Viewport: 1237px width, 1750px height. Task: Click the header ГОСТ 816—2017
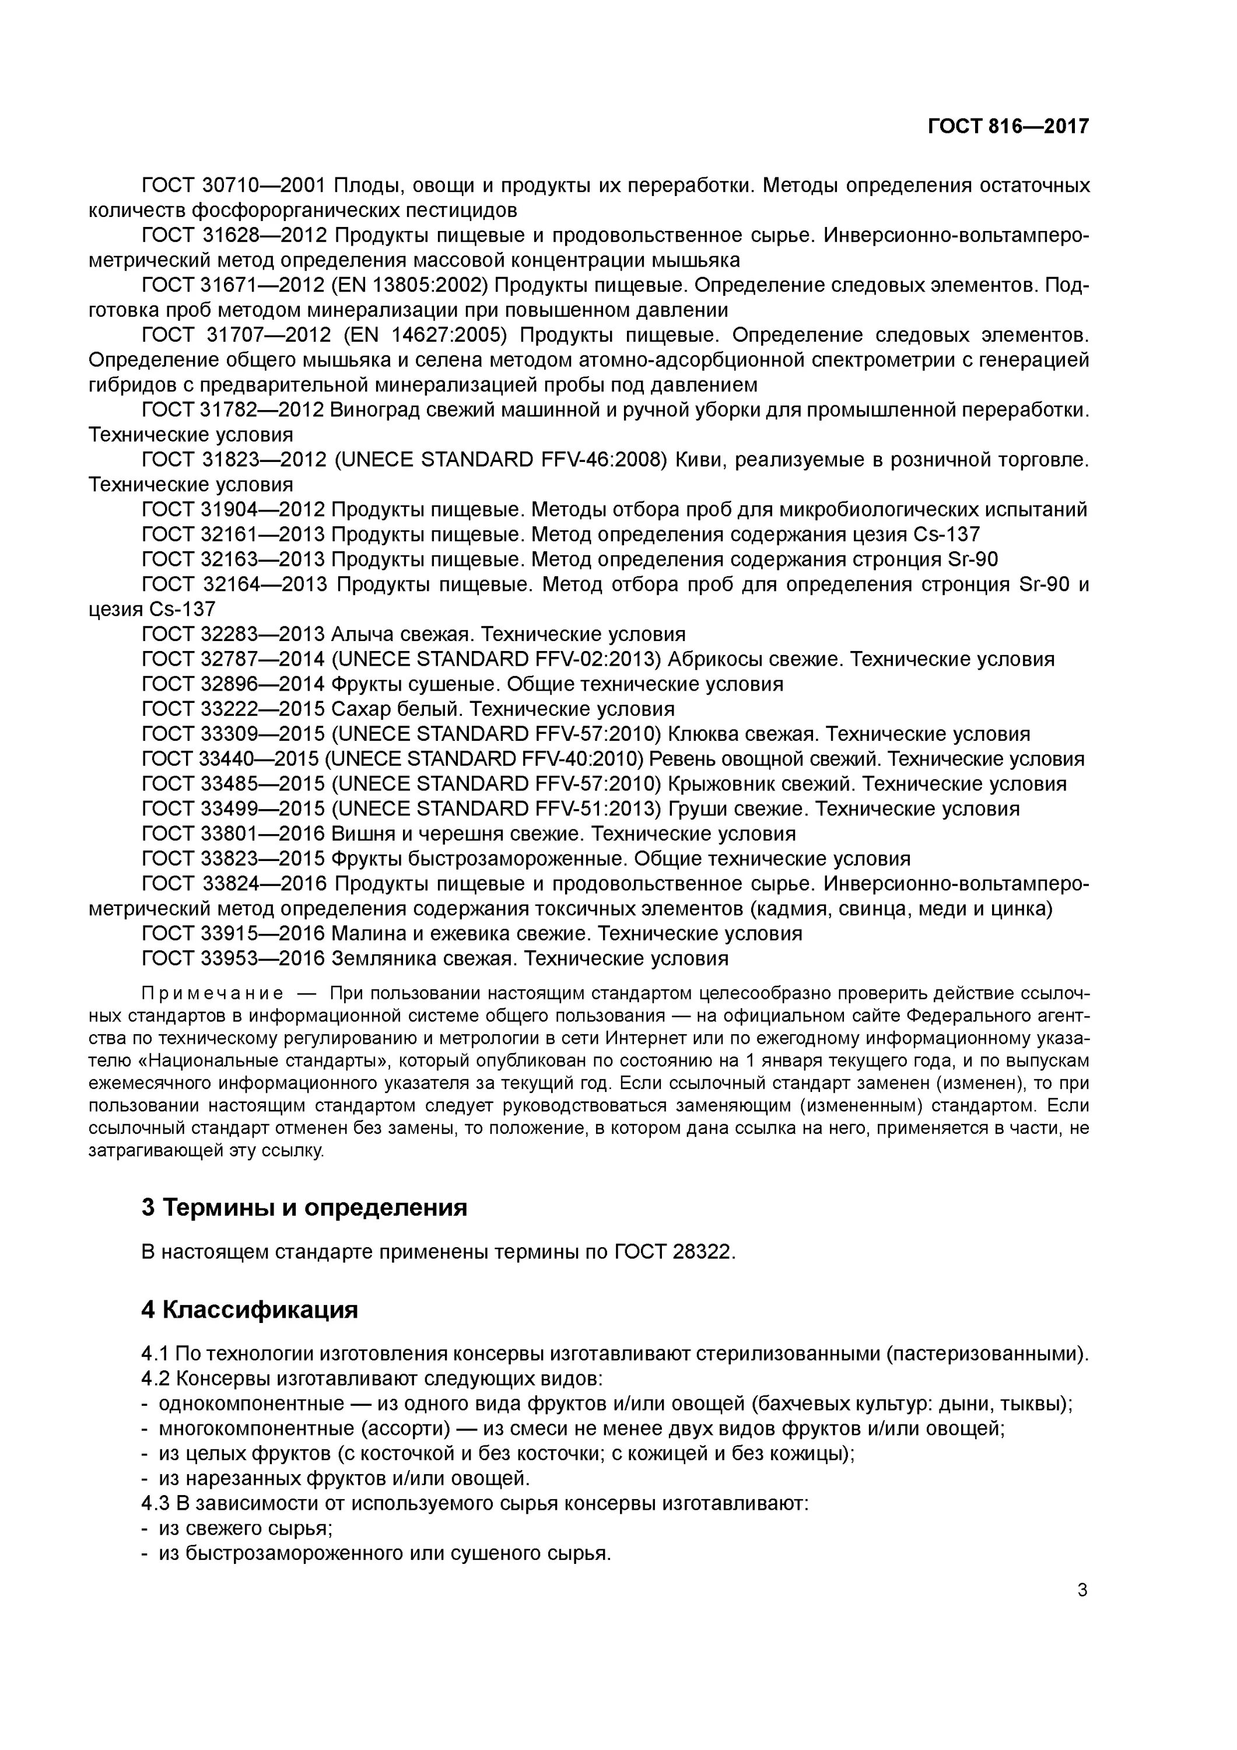[x=1008, y=126]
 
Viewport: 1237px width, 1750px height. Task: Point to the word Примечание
[x=213, y=993]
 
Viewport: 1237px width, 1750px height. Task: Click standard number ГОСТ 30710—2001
[x=234, y=185]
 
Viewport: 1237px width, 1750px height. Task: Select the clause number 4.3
[x=155, y=1503]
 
